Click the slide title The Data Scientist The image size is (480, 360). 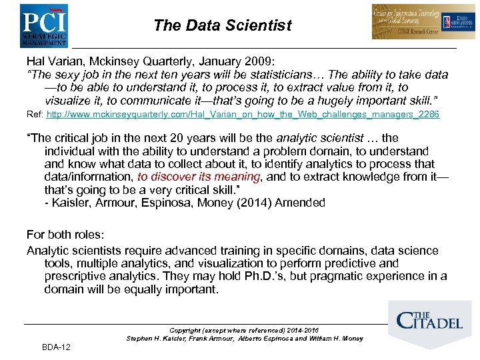[222, 25]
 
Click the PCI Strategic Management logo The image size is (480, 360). [43, 25]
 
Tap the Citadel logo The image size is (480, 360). [429, 321]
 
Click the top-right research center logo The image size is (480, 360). [414, 21]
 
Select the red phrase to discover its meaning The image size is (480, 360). [198, 177]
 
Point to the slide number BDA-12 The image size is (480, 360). [56, 347]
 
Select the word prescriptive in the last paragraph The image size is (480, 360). [76, 276]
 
